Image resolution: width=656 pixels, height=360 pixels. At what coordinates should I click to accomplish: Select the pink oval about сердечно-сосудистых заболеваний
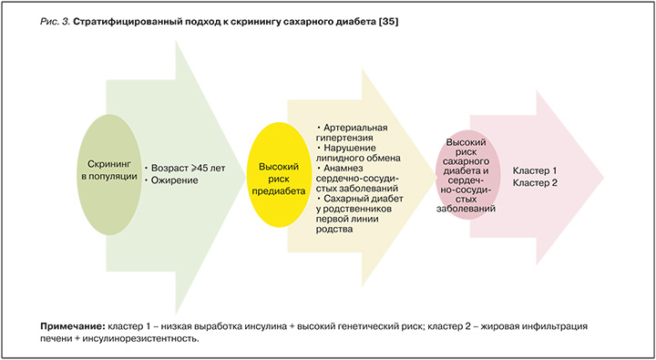point(471,177)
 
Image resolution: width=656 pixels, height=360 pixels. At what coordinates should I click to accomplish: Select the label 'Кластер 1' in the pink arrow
point(535,170)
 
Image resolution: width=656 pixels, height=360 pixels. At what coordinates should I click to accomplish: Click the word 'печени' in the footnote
point(57,338)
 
